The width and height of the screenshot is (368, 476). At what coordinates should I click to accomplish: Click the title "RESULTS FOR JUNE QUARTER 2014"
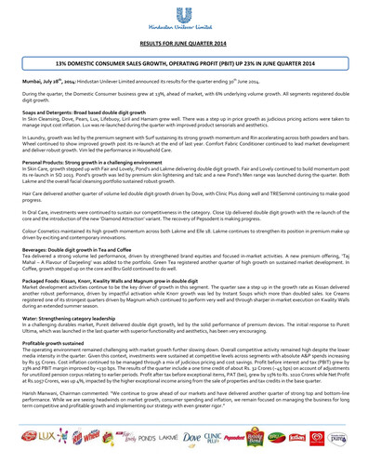coord(184,43)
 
